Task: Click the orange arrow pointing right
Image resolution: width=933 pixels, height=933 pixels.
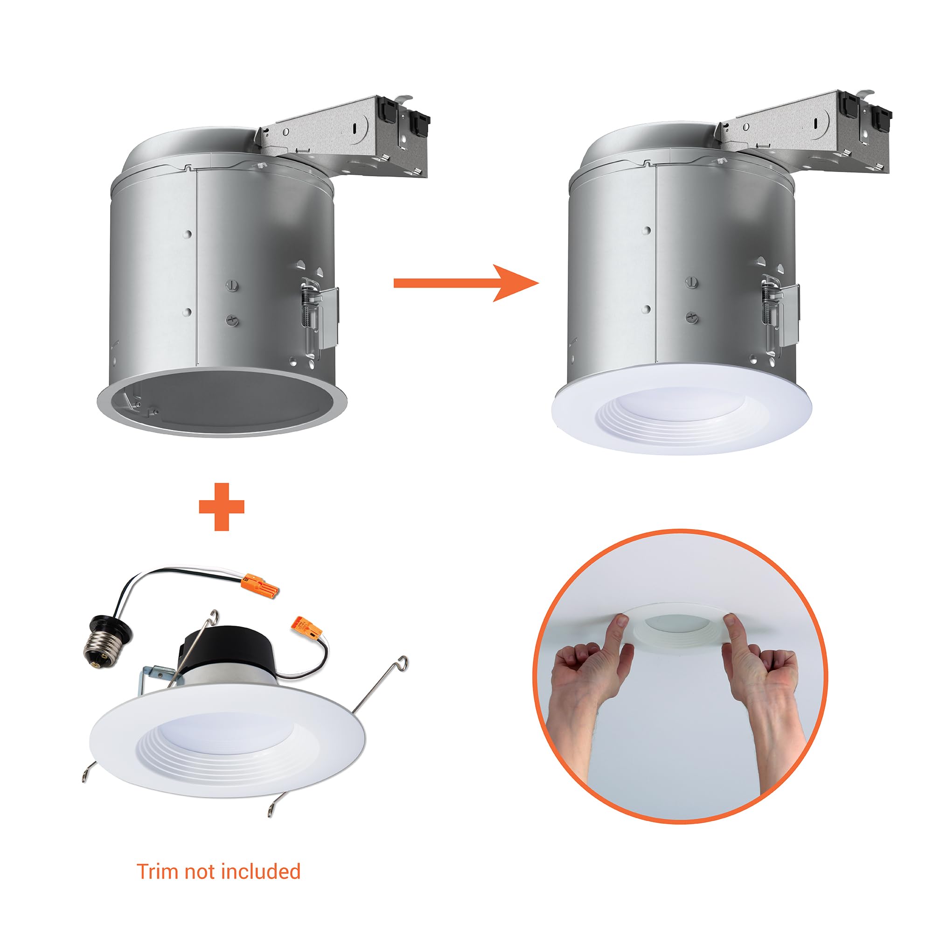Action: pyautogui.click(x=466, y=283)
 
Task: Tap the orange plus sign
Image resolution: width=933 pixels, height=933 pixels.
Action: pyautogui.click(x=222, y=507)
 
